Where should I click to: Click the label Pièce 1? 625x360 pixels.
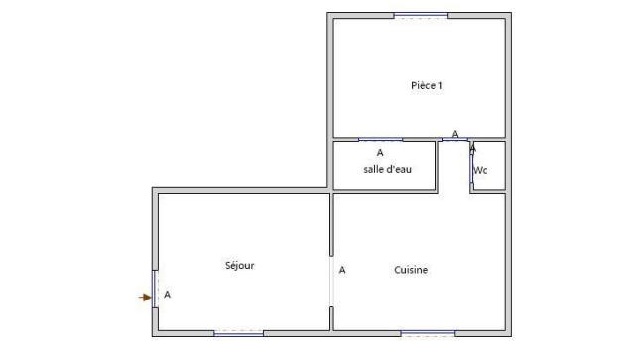coord(427,85)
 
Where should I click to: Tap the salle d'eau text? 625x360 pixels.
coord(387,170)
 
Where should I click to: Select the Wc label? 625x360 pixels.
coord(480,170)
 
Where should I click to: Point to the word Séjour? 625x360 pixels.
coord(240,265)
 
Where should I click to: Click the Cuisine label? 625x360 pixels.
coord(411,269)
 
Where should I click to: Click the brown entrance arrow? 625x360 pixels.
coord(145,297)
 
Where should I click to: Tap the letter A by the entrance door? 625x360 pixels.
coord(167,295)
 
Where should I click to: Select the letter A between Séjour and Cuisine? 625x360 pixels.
coord(342,269)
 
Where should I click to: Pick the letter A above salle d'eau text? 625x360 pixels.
coord(380,153)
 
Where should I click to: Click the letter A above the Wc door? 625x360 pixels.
coord(473,148)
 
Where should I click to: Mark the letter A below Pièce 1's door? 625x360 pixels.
coord(455,133)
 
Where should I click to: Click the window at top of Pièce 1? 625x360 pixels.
coord(421,15)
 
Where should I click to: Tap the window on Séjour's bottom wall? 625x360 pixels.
coord(239,333)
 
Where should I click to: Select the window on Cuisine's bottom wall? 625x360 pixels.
coord(428,333)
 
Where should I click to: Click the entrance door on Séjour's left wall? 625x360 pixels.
coord(155,289)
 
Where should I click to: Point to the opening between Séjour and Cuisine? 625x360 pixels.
coord(331,282)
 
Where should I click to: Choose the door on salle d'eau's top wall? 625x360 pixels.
coord(380,140)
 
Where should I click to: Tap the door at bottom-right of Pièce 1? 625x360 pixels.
coord(455,140)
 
